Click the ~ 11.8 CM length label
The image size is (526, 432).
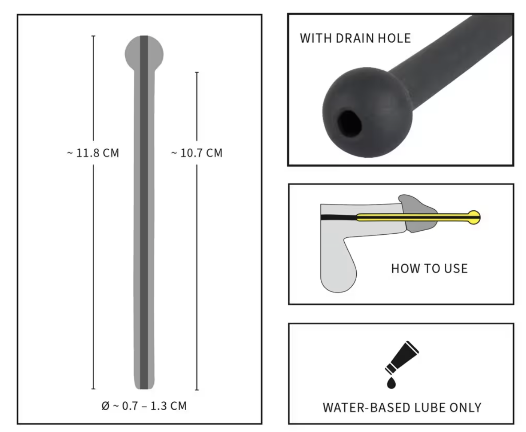93,153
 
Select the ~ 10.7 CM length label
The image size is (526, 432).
197,153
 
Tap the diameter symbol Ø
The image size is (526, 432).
105,406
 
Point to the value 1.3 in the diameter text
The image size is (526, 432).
159,406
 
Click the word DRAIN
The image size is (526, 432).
355,38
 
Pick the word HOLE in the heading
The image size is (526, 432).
394,38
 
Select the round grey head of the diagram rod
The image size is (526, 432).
144,54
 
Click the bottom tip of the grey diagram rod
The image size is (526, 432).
144,389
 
